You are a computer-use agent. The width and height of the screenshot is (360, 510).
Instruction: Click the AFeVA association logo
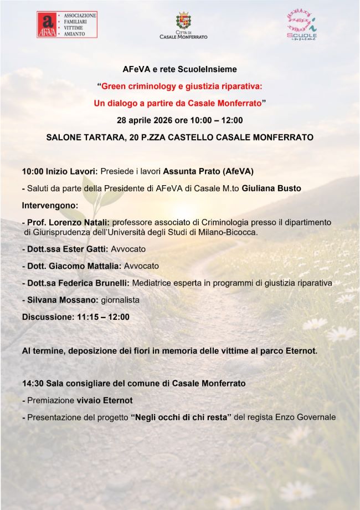[x=66, y=25]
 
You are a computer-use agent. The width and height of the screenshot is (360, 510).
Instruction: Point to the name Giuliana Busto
[x=271, y=188]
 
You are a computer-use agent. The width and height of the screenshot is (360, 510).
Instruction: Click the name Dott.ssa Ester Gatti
[x=65, y=249]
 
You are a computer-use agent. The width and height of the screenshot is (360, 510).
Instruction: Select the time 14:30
[x=33, y=384]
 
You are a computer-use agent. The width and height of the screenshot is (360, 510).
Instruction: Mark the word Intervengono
[x=50, y=206]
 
